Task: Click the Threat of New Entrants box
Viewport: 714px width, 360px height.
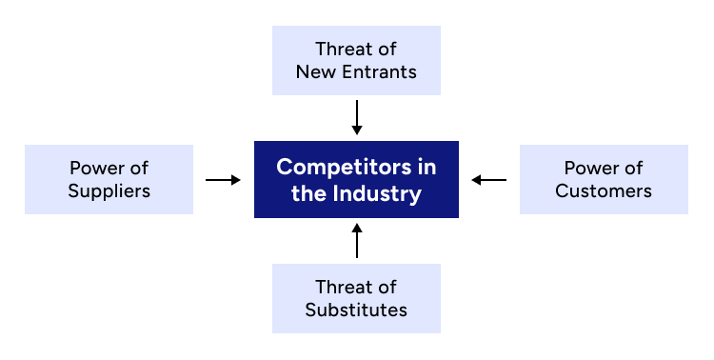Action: point(356,60)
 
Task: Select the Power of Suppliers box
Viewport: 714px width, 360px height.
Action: point(109,179)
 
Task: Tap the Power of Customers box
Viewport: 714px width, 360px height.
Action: point(604,179)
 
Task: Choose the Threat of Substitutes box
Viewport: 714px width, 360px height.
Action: point(356,298)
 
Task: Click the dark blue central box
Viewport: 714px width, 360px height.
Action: point(356,179)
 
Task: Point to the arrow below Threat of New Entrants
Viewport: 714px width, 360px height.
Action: point(357,116)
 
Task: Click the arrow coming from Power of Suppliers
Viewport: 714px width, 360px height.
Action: point(223,179)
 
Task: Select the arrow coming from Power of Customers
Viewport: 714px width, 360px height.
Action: point(489,179)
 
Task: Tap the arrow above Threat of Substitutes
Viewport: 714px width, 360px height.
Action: point(357,241)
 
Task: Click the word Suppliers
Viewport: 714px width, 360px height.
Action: point(109,190)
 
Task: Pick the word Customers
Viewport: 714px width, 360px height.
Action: point(604,190)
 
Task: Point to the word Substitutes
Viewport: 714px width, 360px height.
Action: point(356,310)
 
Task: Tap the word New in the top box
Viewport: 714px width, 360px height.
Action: point(315,71)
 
